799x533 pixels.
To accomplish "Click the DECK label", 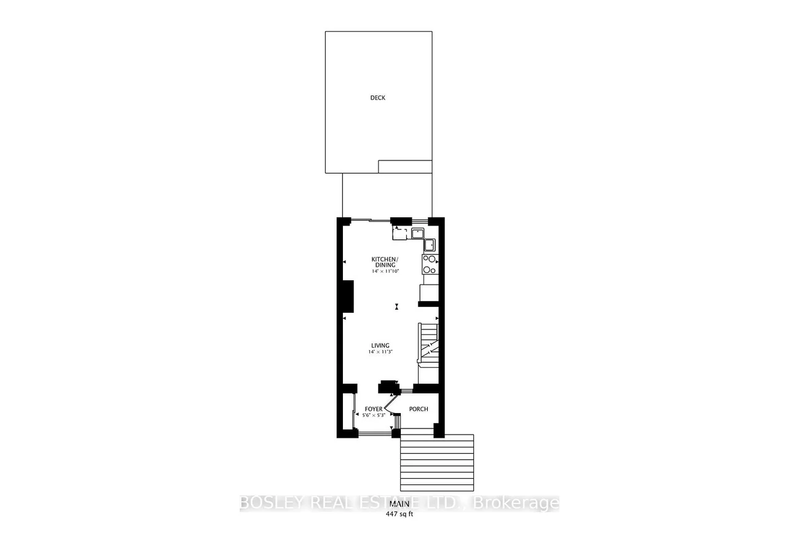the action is [x=378, y=98].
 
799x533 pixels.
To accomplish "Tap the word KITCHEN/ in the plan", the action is [x=385, y=259].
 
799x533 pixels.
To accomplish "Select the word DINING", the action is [x=385, y=265].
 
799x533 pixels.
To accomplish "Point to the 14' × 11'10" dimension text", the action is [x=385, y=271].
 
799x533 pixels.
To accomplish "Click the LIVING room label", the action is [x=380, y=345].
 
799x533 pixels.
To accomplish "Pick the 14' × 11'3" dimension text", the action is [x=380, y=352].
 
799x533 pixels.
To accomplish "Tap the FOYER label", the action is [x=374, y=409].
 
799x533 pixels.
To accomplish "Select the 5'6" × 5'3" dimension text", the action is [x=374, y=415].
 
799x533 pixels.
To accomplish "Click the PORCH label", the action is [x=419, y=409].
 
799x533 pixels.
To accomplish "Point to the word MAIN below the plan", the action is [x=399, y=504].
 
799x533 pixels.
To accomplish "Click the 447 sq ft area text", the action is [x=399, y=514].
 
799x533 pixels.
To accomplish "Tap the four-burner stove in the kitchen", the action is [x=430, y=264].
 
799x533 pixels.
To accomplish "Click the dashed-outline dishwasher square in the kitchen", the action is [x=399, y=234].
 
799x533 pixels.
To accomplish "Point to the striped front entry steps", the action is [x=437, y=463].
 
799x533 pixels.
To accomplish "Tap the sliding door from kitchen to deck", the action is [x=371, y=221].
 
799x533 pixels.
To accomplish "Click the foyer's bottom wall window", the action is [x=375, y=433].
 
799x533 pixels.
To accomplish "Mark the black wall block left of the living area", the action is [x=348, y=296].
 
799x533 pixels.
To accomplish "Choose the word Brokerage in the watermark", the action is [x=516, y=503].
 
